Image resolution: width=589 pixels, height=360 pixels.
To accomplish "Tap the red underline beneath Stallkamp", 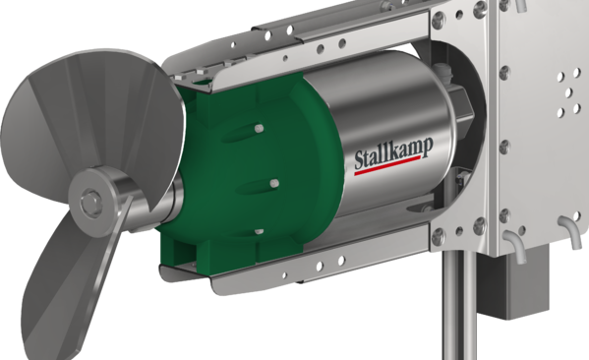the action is pos(387,165).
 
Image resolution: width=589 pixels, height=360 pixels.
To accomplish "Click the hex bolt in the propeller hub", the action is pos(90,203).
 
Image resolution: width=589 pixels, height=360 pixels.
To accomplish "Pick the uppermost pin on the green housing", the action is pos(259,129).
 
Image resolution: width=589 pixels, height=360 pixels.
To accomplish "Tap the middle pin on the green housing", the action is pos(274,183).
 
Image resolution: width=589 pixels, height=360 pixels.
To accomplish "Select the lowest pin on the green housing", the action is pos(259,232).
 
